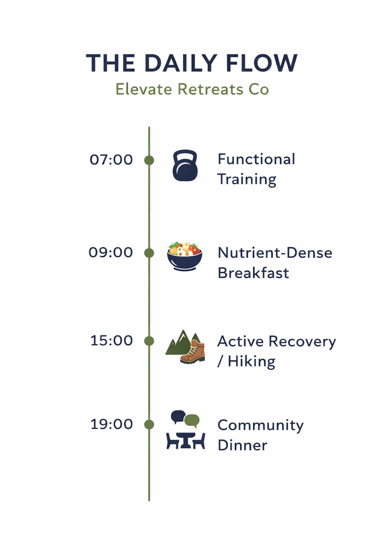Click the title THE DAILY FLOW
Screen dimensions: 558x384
pyautogui.click(x=191, y=63)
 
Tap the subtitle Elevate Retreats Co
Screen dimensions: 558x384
pyautogui.click(x=192, y=90)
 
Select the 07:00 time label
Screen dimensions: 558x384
pyautogui.click(x=111, y=160)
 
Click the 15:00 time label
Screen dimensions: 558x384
pyautogui.click(x=111, y=341)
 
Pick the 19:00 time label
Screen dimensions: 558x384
pyautogui.click(x=111, y=424)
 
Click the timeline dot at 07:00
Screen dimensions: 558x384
pyautogui.click(x=149, y=160)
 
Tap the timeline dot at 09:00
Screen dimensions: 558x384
pyautogui.click(x=149, y=253)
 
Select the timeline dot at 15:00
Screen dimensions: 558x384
pyautogui.click(x=149, y=341)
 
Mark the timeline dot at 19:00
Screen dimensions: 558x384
pyautogui.click(x=149, y=424)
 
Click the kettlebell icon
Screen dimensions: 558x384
pyautogui.click(x=185, y=166)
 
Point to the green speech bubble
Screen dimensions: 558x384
pyautogui.click(x=192, y=420)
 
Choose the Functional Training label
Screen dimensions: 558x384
pyautogui.click(x=256, y=169)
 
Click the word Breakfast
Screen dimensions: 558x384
pyautogui.click(x=253, y=273)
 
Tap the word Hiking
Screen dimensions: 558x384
pyautogui.click(x=251, y=361)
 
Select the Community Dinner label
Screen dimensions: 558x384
pyautogui.click(x=260, y=435)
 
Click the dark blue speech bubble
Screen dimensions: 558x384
pyautogui.click(x=177, y=416)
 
